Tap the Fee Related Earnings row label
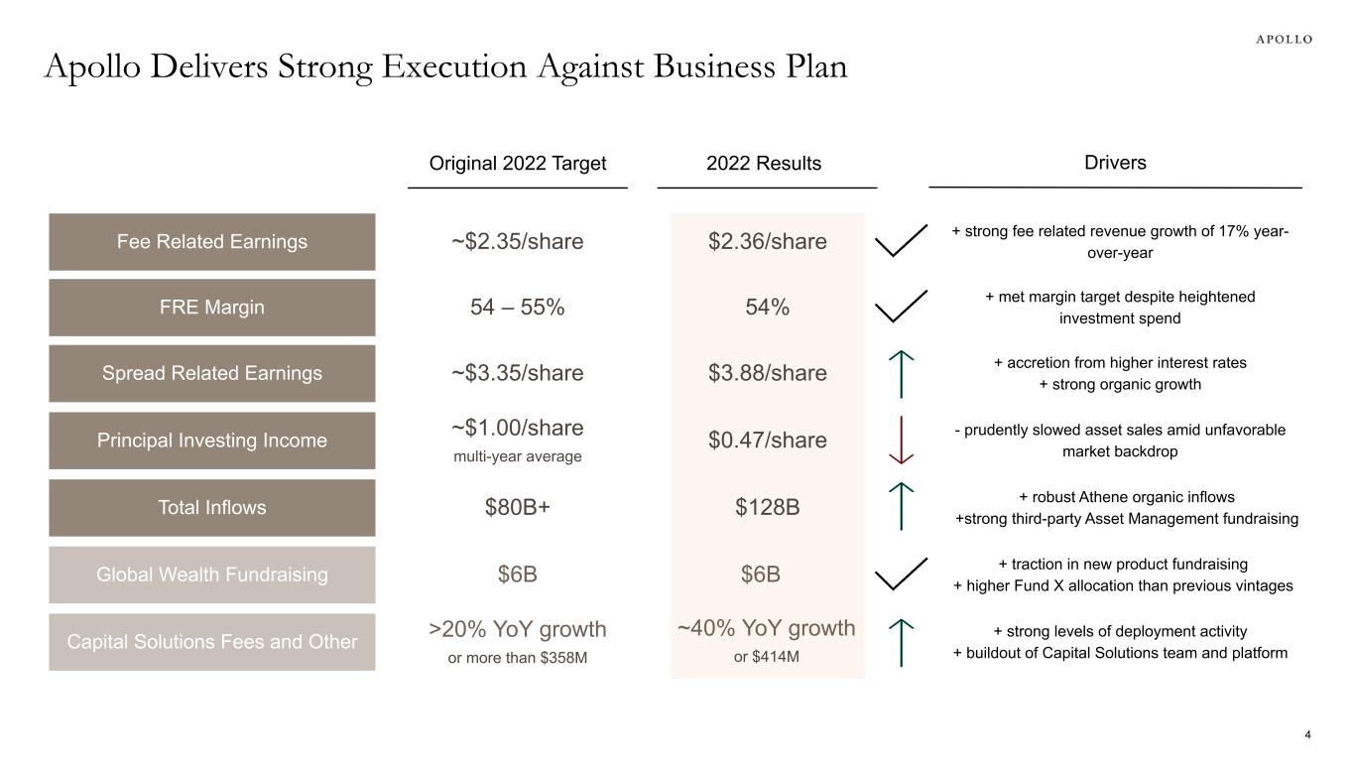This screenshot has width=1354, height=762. [212, 241]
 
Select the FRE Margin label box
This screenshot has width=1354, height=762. [212, 308]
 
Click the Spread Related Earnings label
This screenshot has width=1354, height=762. [212, 373]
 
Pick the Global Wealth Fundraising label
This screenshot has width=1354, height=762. [212, 574]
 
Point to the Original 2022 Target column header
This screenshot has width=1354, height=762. [518, 164]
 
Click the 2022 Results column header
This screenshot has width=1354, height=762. [764, 164]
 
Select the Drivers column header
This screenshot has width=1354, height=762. [1115, 163]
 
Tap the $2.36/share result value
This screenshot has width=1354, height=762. [767, 241]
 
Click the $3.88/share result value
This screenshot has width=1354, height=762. [767, 373]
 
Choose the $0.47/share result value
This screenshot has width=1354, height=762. [767, 440]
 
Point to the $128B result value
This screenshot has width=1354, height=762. [767, 508]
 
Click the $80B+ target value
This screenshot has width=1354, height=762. [518, 508]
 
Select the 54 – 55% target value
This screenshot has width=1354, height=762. [518, 308]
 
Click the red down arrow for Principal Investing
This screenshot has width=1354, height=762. [902, 440]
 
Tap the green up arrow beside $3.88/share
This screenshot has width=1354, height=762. [902, 373]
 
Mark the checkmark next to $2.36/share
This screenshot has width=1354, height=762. [902, 241]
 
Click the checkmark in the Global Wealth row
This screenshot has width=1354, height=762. [902, 574]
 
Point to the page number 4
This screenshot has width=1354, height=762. [1307, 735]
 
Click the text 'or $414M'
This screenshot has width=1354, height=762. [767, 656]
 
